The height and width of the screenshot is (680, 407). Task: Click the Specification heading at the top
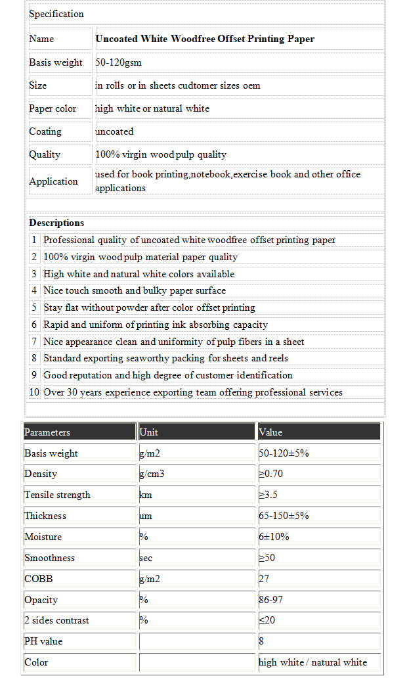56,14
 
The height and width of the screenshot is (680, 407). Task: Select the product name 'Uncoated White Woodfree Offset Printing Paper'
205,39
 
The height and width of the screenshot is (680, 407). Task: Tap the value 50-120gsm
119,62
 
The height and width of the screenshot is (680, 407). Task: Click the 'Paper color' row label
53,108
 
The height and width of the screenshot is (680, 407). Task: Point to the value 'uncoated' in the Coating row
115,131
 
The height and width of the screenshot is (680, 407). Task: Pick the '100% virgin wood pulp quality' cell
161,154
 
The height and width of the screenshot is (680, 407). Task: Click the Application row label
53,181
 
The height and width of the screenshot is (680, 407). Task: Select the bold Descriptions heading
56,223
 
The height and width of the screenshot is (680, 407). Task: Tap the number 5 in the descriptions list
35,307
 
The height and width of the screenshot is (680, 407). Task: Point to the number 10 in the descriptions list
35,392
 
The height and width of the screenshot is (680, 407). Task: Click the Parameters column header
47,432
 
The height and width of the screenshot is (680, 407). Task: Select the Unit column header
149,432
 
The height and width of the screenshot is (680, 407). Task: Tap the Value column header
271,432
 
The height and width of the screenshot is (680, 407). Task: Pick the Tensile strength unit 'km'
146,495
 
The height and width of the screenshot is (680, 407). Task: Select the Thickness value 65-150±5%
284,516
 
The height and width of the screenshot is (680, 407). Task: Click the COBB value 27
264,579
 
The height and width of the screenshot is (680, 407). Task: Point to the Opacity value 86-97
273,600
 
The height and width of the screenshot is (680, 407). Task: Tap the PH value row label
43,641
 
